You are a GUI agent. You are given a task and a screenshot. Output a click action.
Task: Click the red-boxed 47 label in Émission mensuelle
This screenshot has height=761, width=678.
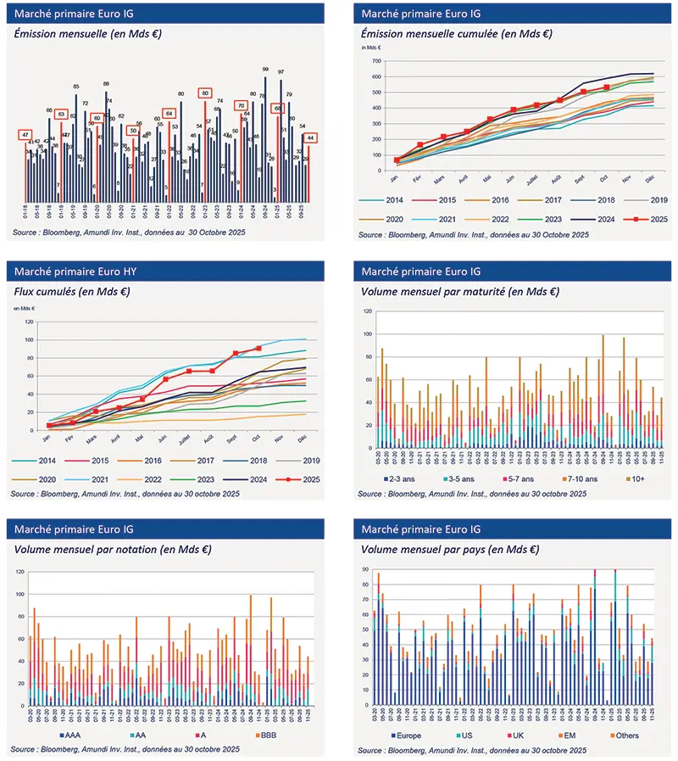(25, 135)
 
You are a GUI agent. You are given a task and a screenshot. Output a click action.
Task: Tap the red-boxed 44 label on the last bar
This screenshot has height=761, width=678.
(311, 137)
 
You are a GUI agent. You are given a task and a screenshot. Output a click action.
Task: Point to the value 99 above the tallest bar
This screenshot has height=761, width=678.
(265, 70)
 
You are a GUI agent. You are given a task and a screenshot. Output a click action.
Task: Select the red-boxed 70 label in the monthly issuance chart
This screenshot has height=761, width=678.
(240, 105)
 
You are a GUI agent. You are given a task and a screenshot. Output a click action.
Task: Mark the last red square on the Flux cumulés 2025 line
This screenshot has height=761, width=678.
(258, 349)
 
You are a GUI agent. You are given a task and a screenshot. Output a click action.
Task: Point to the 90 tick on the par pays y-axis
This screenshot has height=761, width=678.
(364, 570)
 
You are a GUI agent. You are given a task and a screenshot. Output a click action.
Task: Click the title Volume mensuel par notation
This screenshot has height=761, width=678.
(113, 549)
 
